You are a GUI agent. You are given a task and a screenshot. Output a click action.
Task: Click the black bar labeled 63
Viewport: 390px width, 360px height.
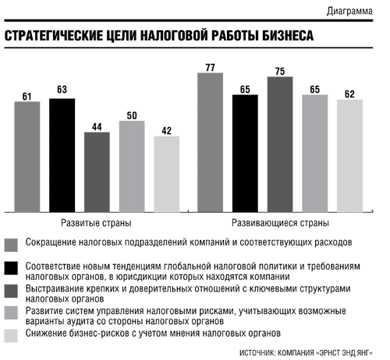(x=62, y=155)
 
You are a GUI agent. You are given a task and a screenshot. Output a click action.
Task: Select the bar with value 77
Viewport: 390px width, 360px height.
(x=210, y=143)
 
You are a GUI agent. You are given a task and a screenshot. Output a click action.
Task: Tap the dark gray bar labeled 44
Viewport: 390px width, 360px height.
(x=97, y=172)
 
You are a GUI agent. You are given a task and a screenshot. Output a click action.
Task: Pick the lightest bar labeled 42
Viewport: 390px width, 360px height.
(x=167, y=174)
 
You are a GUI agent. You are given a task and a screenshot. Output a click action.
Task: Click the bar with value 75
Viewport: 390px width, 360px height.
(x=280, y=144)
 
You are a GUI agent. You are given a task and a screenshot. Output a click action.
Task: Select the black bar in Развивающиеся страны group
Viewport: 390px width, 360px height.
(x=245, y=154)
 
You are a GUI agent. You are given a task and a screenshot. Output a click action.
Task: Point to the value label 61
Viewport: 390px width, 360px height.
(x=27, y=97)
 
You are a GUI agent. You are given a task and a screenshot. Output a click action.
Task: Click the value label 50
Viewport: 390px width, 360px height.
(x=132, y=115)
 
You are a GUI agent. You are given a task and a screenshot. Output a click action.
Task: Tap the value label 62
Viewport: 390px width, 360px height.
(x=349, y=94)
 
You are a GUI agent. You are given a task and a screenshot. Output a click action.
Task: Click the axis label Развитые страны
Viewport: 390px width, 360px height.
(x=96, y=223)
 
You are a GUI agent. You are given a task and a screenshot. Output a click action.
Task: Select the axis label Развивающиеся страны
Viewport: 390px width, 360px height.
(x=280, y=223)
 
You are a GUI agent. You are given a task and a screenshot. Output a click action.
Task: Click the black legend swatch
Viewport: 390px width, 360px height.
(x=11, y=268)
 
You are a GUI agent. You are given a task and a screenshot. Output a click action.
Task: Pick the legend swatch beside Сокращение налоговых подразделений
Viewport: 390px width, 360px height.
(x=11, y=245)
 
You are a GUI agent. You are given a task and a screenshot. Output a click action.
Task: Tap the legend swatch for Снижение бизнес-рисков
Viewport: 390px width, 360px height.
(x=11, y=336)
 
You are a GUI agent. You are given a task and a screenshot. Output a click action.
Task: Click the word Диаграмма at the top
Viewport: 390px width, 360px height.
(x=349, y=12)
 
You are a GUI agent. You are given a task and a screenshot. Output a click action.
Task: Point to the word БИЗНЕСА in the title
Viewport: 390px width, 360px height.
(x=288, y=36)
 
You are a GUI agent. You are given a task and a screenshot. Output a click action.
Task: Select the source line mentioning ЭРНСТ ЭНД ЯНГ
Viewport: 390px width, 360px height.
(x=306, y=353)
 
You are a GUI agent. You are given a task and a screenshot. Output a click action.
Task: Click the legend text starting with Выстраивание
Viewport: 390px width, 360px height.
(x=188, y=294)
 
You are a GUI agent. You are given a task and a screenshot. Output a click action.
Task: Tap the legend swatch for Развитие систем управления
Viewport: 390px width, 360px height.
(x=11, y=312)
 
